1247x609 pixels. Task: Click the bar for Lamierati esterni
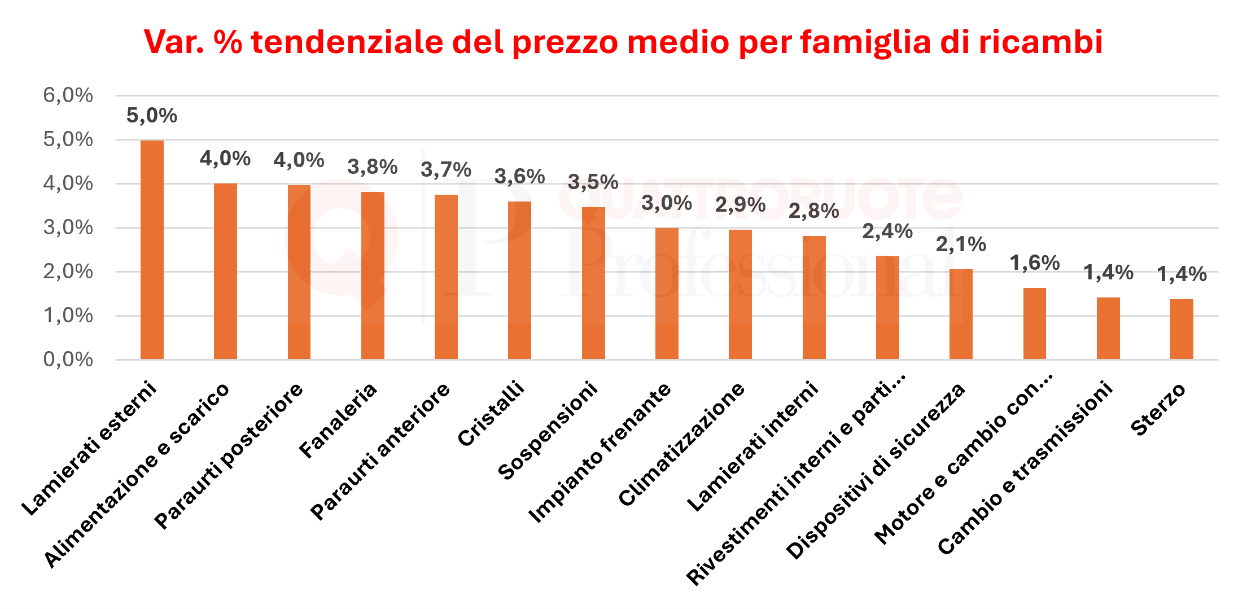[152, 249]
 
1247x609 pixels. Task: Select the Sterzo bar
[1182, 329]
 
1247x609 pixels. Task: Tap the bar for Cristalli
[519, 280]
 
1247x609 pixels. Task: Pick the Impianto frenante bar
[667, 293]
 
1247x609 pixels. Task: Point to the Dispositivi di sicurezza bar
[961, 314]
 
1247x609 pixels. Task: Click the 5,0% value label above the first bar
[152, 116]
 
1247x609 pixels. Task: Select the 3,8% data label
[373, 167]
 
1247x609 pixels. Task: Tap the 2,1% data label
[961, 244]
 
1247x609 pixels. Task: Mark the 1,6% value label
[1035, 263]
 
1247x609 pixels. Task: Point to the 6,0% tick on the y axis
[68, 95]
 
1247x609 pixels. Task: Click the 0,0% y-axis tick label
[68, 360]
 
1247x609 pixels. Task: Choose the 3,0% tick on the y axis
[68, 227]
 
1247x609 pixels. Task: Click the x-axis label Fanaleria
[338, 420]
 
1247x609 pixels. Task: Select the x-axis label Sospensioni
[548, 430]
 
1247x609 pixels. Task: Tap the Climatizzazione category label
[682, 444]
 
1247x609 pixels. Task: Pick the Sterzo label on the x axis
[1158, 410]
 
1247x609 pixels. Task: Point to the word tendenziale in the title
[347, 42]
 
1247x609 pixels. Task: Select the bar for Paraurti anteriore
[446, 277]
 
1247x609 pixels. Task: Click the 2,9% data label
[740, 205]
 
